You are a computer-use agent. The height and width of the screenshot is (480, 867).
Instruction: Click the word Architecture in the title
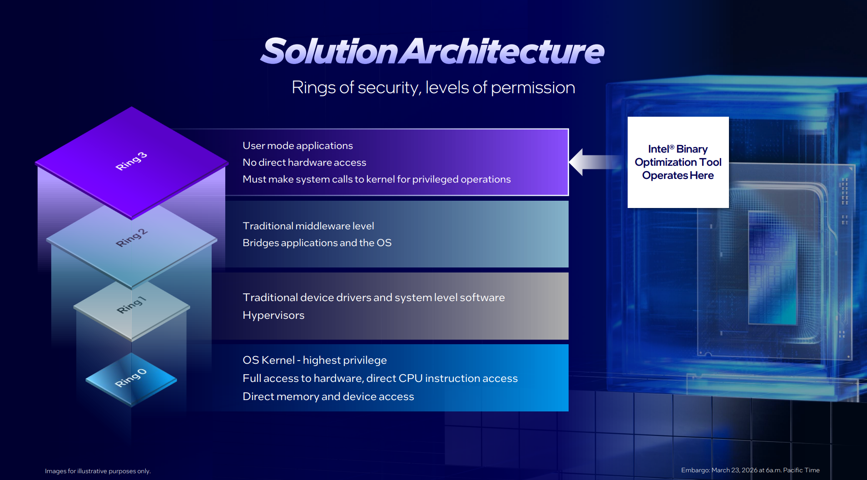tap(503, 51)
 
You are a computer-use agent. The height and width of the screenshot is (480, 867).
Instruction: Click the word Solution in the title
tap(330, 51)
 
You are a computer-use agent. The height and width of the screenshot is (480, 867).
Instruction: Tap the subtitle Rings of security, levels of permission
tap(433, 88)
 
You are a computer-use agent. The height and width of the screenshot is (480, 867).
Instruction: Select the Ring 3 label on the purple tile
tap(131, 161)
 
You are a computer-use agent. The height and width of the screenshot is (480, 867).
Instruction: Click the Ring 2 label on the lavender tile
tap(131, 238)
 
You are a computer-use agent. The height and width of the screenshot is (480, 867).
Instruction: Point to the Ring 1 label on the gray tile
tap(131, 305)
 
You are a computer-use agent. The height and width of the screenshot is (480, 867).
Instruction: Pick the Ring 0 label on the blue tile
tap(130, 378)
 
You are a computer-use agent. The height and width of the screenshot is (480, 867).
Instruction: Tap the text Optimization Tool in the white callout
tap(678, 162)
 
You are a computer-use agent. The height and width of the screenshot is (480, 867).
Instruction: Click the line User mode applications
tap(297, 146)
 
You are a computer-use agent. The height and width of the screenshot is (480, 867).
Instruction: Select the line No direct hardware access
tap(304, 163)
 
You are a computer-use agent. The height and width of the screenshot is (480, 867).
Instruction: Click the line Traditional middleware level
tap(308, 226)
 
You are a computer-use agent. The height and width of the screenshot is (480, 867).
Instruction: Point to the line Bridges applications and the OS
tap(317, 243)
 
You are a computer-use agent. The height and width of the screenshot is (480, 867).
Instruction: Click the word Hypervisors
tap(273, 315)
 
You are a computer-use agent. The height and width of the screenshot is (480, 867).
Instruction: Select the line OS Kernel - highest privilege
tap(315, 360)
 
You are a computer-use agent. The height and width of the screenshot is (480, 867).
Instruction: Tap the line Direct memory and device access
tap(328, 396)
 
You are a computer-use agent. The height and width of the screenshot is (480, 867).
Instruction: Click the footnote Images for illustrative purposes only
tap(98, 471)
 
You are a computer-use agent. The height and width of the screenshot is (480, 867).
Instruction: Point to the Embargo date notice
tap(750, 470)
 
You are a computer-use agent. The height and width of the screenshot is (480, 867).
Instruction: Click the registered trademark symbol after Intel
tap(672, 147)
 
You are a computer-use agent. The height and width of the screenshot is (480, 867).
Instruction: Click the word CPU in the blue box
tap(410, 378)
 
